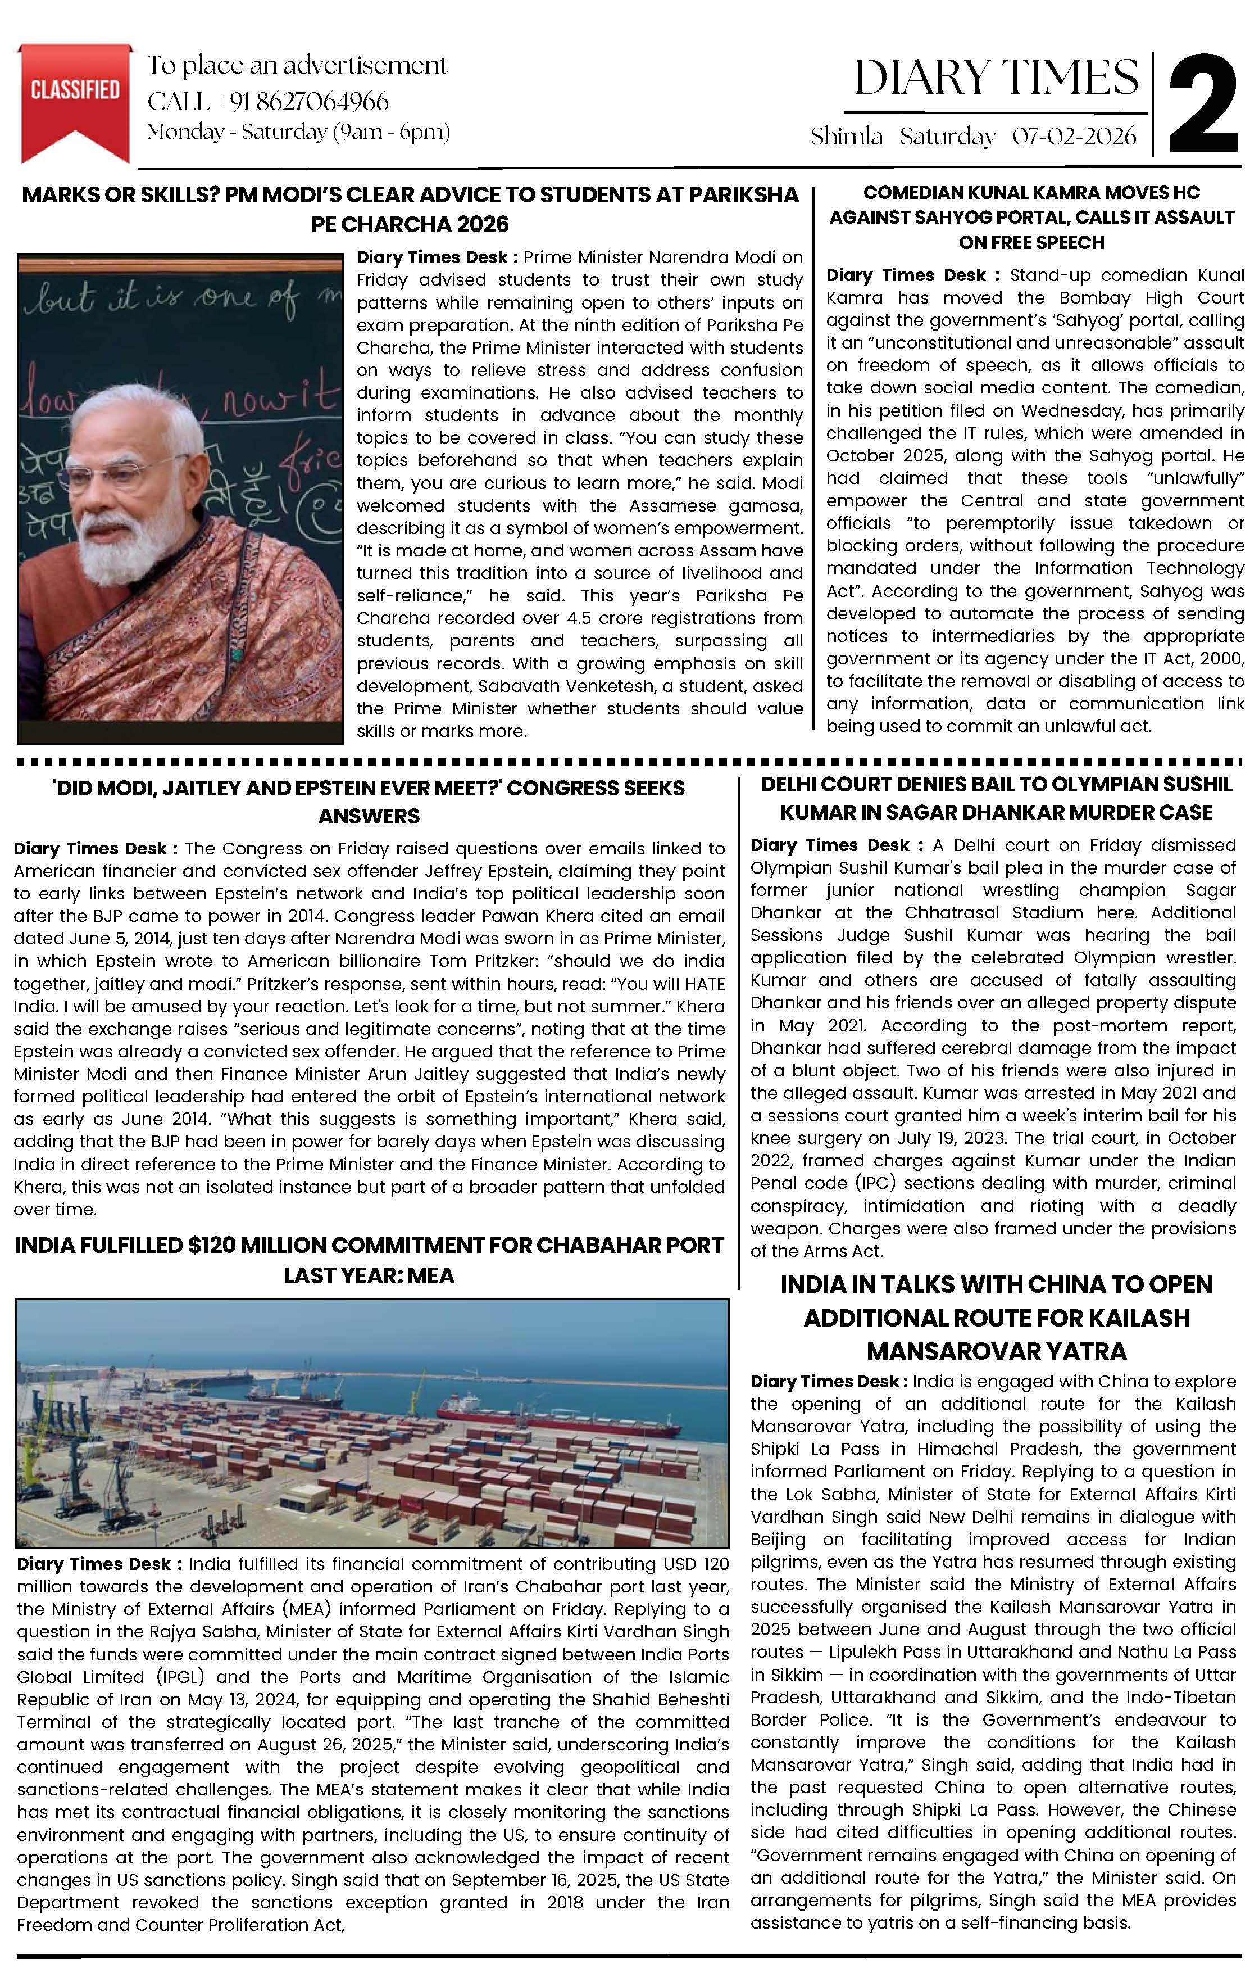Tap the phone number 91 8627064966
[309, 102]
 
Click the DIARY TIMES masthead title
[996, 78]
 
